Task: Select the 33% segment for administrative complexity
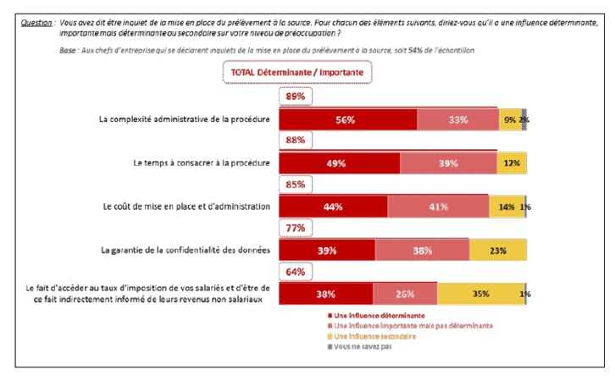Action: pos(457,120)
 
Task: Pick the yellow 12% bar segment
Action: pos(512,163)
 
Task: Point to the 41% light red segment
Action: pos(438,206)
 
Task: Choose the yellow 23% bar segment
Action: pos(498,250)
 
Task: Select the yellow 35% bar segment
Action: pos(481,294)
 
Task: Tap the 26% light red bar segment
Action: pos(405,294)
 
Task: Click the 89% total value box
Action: pos(296,97)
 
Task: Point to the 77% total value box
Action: pos(296,228)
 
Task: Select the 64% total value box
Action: pos(296,272)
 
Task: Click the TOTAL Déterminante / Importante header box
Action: pos(296,73)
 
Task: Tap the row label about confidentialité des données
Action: pos(185,250)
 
